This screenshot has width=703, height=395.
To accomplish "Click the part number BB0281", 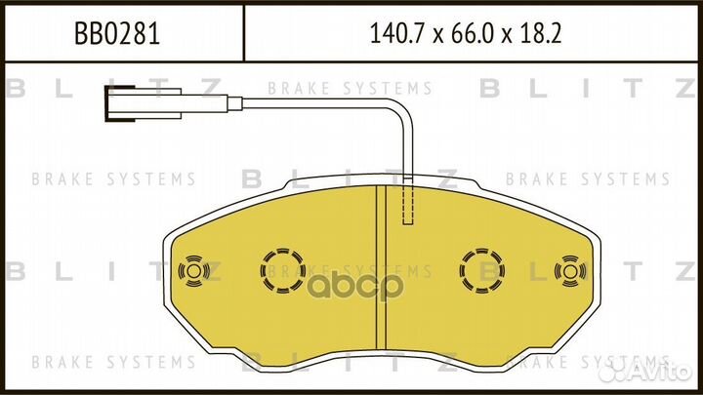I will pos(118,35).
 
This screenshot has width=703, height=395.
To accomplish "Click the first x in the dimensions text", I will pos(436,37).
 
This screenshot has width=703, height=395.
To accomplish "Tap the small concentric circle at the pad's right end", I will pos(568,270).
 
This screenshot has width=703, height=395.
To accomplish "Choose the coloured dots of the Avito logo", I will pos(612,372).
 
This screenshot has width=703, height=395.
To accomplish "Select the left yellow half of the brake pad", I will pos(293,312).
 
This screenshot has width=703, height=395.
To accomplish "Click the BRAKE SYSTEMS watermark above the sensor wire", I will pos(350,88).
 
